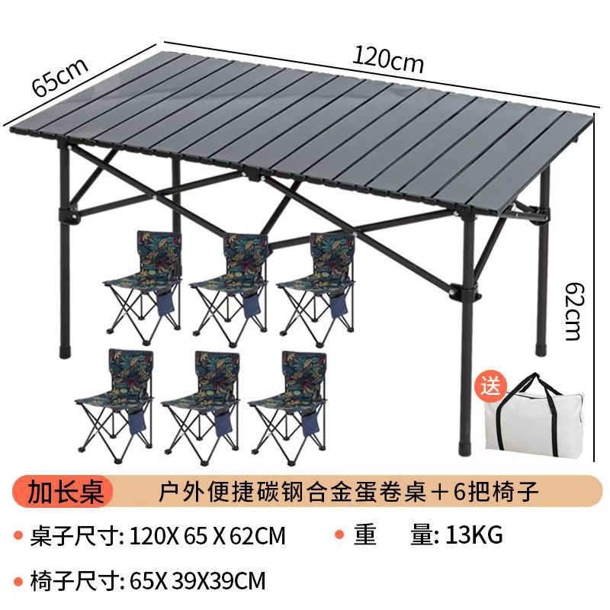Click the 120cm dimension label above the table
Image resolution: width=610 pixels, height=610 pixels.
(x=387, y=59)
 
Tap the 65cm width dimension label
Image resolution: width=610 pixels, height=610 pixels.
(x=61, y=72)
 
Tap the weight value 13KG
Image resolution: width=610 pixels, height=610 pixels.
(x=468, y=536)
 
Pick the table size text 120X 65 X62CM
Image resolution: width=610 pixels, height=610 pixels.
(x=208, y=536)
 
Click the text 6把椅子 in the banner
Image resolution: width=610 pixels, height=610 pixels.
(x=499, y=491)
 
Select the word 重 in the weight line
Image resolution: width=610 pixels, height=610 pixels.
(x=364, y=536)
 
